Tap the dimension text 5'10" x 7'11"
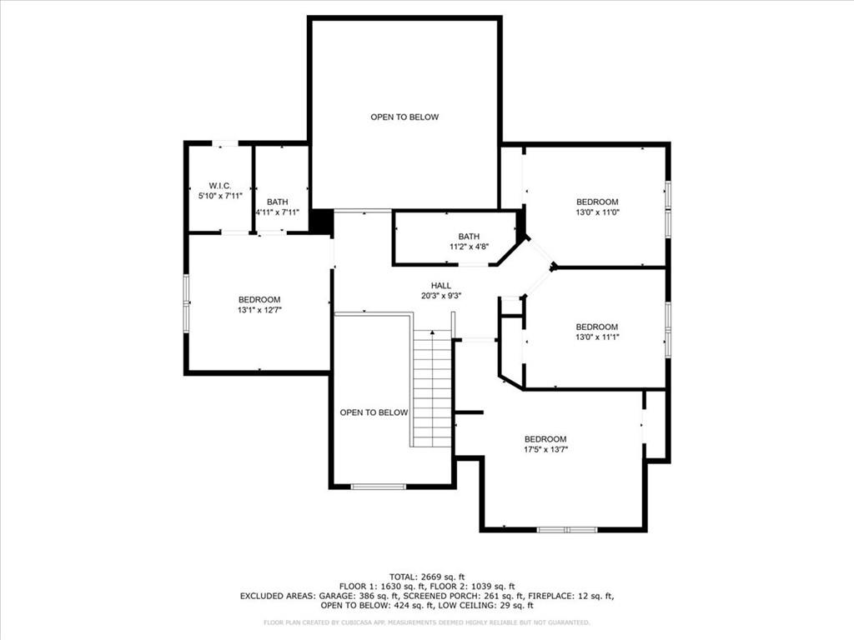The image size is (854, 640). point(219,196)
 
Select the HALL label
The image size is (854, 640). point(441,285)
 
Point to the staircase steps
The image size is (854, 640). point(432,387)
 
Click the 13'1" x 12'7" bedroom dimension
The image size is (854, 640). point(259,310)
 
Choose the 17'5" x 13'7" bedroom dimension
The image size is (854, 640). point(545,450)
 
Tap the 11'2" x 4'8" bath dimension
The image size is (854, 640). point(468,247)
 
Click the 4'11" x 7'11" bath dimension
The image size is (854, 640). point(277,212)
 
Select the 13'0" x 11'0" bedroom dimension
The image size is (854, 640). point(597,212)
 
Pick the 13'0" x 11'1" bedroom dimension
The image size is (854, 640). point(597,337)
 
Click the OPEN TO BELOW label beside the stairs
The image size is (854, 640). point(374,412)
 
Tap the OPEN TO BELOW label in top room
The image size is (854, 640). point(404,117)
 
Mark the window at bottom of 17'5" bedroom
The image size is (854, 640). point(566,529)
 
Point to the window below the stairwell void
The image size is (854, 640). point(378,486)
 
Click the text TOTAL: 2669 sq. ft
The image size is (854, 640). point(426,577)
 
